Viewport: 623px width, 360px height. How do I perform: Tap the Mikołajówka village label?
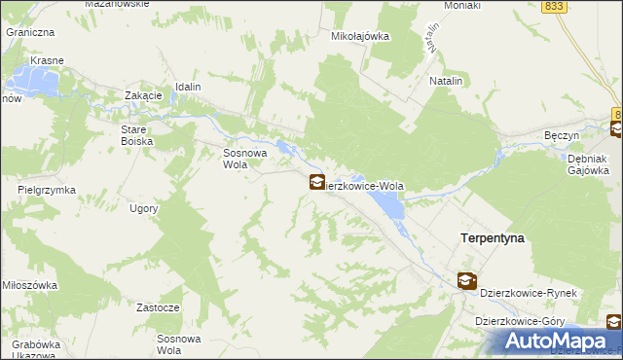360,37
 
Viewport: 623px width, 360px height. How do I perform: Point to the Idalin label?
188,87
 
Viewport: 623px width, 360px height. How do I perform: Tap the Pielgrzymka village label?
47,190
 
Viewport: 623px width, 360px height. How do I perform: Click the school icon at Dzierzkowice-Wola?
316,181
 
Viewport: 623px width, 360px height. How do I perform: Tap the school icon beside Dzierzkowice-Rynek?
467,281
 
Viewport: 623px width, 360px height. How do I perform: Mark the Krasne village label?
47,60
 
